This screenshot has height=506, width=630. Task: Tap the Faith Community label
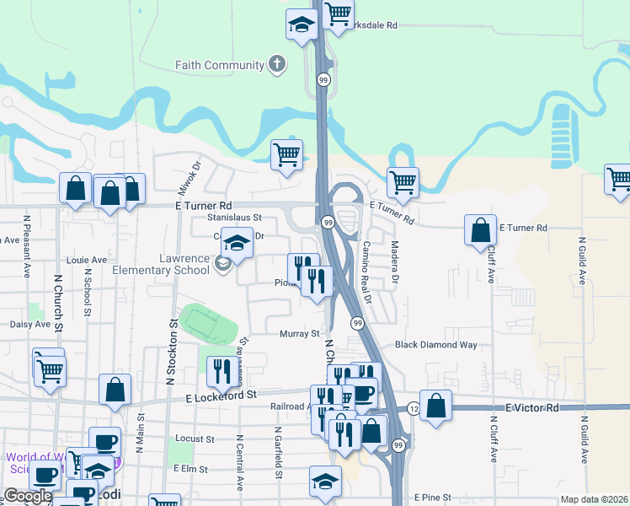220,65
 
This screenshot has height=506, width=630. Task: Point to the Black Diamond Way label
436,345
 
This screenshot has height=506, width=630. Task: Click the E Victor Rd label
532,408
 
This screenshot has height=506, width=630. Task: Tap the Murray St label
299,333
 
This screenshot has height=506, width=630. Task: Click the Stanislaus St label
235,218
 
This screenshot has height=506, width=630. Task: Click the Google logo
28,496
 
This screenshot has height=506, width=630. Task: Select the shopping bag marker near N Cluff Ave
479,230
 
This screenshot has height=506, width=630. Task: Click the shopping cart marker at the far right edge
618,180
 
